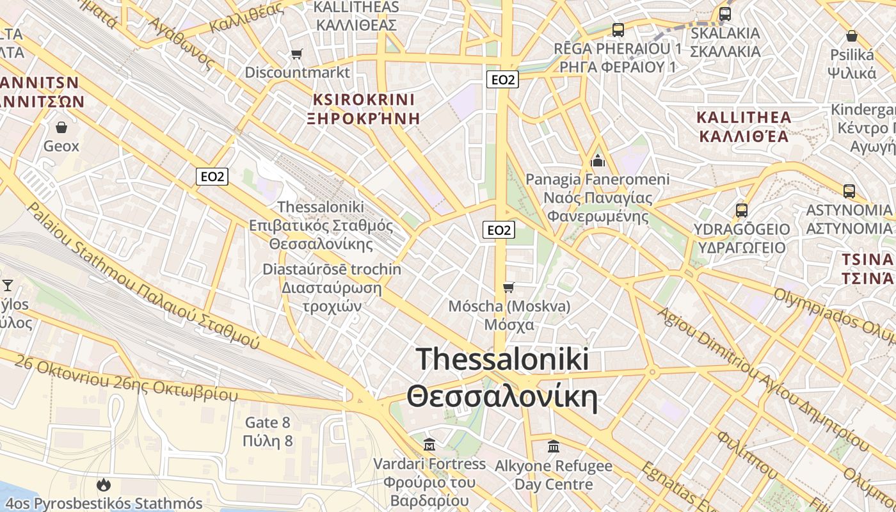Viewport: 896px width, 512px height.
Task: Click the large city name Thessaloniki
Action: (x=502, y=359)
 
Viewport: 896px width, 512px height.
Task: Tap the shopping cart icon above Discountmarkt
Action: (x=296, y=54)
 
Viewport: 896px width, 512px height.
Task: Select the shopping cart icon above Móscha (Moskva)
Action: (x=509, y=287)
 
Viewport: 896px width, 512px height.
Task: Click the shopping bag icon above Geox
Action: (x=61, y=127)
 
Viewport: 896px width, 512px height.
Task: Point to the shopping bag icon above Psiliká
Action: (x=851, y=36)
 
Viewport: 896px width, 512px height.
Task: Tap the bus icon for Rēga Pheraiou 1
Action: (x=618, y=29)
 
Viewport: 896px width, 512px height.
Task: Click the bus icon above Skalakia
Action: (x=725, y=13)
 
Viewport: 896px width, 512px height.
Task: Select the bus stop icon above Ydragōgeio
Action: (x=742, y=210)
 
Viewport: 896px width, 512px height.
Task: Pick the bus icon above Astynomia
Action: (x=849, y=191)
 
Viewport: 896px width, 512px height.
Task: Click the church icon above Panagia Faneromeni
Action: (x=598, y=160)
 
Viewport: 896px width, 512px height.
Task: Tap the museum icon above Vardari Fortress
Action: (x=430, y=444)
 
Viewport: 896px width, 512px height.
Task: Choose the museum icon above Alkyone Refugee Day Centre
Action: (x=554, y=446)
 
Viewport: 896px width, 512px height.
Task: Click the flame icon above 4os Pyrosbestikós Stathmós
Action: (x=103, y=485)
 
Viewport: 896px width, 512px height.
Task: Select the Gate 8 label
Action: (x=268, y=422)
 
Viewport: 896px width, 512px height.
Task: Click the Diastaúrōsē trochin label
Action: (x=332, y=269)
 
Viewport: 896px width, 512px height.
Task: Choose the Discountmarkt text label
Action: (x=298, y=72)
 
